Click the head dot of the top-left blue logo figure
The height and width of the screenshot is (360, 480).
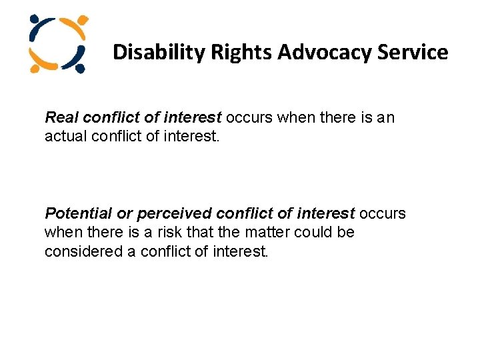33,20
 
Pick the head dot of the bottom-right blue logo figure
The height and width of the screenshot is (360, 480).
81,68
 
